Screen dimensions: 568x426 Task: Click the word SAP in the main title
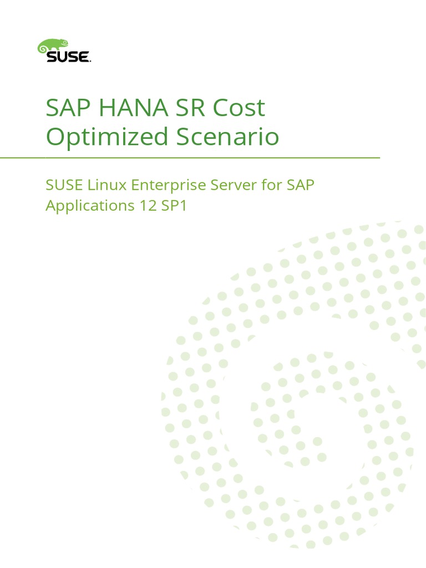pos(67,108)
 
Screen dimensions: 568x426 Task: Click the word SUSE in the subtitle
pos(62,185)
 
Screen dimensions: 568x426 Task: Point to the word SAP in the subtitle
pos(300,185)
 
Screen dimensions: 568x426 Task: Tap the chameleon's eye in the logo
pos(65,43)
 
